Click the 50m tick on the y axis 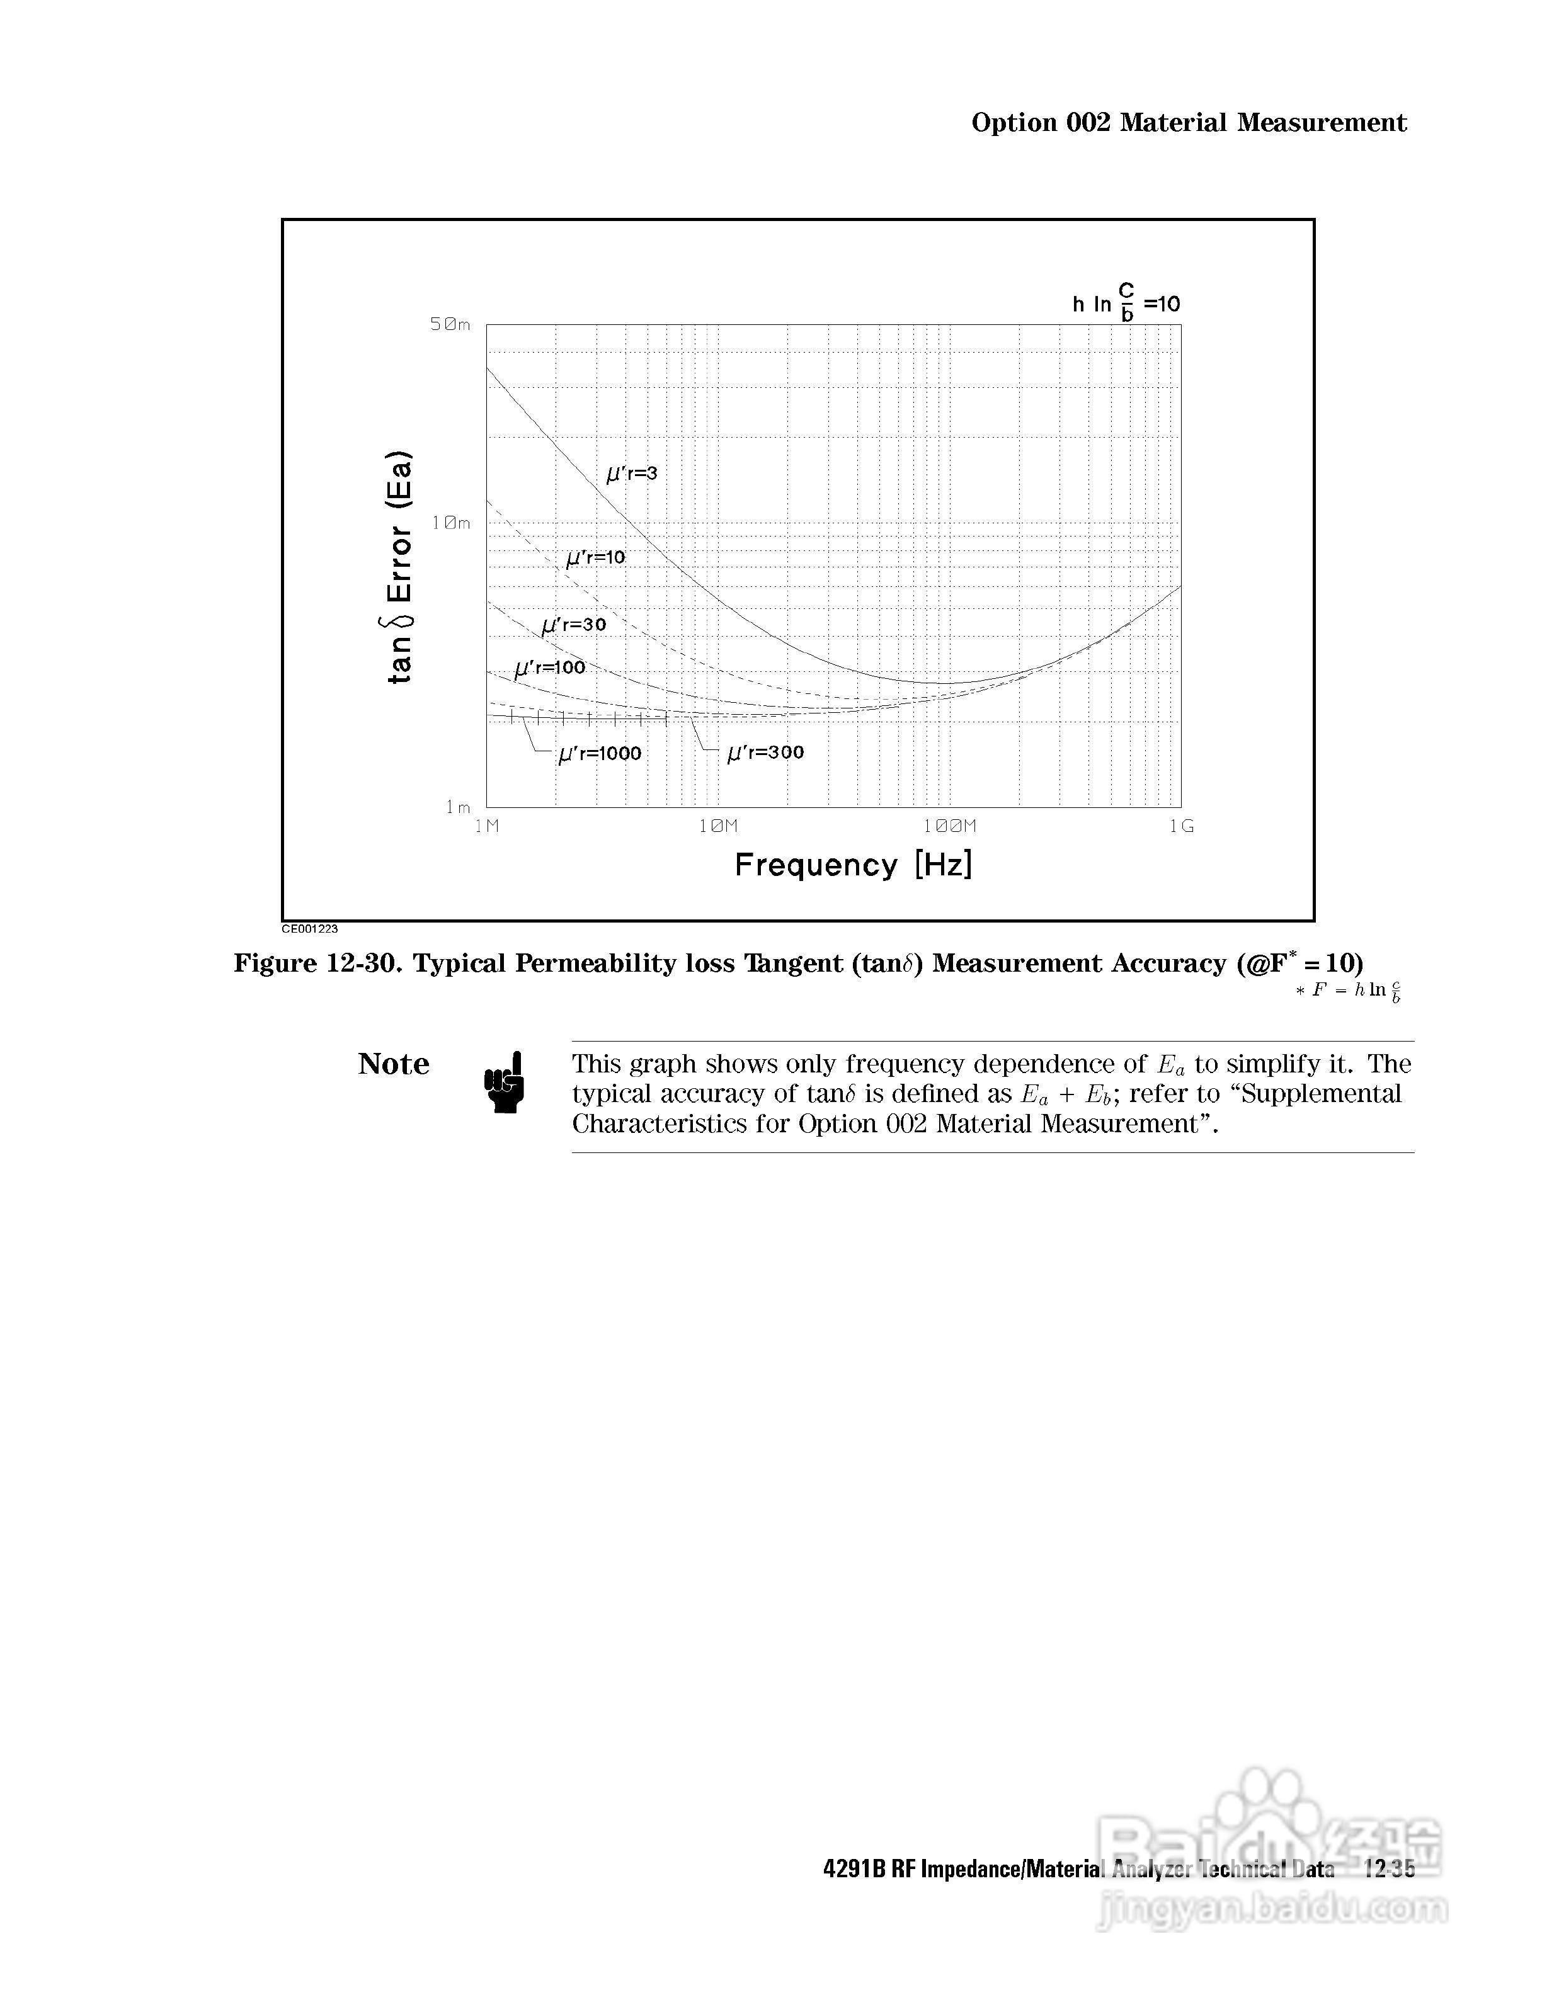pos(450,324)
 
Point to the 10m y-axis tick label pos(451,523)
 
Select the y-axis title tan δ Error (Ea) pos(400,567)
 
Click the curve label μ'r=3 pos(632,473)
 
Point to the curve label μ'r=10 pos(596,557)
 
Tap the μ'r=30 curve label pos(574,625)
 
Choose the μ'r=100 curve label pos(550,668)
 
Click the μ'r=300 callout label pos(765,753)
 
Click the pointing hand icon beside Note pos(505,1083)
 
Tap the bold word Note pos(394,1064)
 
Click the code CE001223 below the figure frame pos(310,929)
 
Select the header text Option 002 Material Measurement pos(1189,122)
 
